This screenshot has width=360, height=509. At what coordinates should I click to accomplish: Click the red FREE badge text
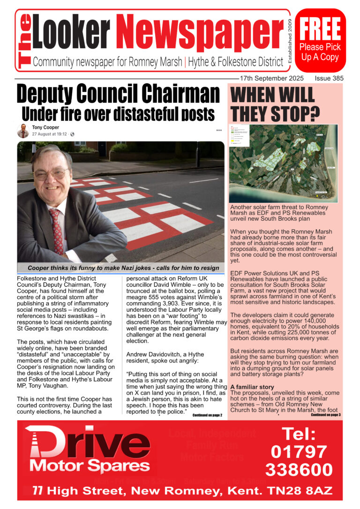point(321,29)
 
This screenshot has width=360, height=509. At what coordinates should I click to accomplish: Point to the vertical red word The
point(25,40)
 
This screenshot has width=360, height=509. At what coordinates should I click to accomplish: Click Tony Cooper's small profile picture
point(23,131)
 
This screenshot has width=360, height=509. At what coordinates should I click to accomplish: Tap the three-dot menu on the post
point(218,130)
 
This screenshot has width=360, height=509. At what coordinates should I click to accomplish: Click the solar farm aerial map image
point(283,163)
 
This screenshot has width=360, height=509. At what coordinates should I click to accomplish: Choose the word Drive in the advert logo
point(89,441)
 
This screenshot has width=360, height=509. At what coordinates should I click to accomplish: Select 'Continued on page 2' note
point(207,415)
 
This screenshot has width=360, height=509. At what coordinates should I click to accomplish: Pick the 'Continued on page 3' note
point(325,415)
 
